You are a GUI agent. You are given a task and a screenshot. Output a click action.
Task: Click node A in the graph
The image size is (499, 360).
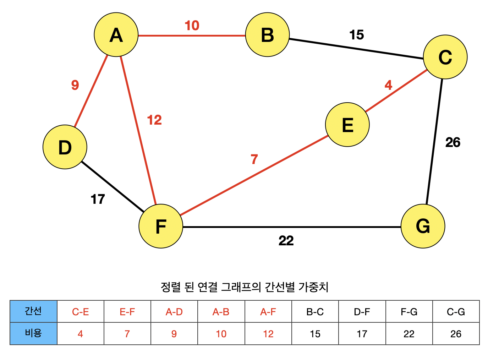[116, 35]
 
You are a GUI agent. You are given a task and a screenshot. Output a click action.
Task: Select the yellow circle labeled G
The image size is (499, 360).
[423, 226]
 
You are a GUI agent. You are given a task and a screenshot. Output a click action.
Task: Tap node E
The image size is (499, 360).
[347, 125]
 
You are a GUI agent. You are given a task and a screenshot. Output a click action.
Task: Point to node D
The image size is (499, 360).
[65, 147]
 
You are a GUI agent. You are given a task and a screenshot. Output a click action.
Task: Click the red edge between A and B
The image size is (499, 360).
[192, 36]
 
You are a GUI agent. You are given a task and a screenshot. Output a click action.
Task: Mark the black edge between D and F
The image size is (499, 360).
[112, 187]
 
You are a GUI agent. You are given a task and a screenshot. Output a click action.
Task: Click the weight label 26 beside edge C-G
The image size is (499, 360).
[453, 142]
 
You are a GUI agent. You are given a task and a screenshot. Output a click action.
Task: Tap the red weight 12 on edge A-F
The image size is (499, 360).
[154, 120]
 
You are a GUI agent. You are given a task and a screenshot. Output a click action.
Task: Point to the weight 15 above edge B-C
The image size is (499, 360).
[356, 35]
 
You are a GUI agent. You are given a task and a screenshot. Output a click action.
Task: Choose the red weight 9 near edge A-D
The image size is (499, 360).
[75, 85]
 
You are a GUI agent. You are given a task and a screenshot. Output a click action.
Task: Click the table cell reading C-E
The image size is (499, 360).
[81, 312]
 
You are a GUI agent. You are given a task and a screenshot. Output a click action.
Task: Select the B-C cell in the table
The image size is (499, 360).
[315, 312]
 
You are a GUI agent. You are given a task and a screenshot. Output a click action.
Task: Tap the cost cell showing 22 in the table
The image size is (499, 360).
[409, 334]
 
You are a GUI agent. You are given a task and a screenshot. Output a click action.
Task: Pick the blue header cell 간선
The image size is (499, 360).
[33, 311]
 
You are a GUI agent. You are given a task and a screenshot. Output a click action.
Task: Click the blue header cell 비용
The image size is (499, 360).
[33, 333]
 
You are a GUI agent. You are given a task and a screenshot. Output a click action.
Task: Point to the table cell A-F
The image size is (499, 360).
[268, 312]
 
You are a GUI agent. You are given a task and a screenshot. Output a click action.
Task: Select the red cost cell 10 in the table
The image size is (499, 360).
[221, 334]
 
